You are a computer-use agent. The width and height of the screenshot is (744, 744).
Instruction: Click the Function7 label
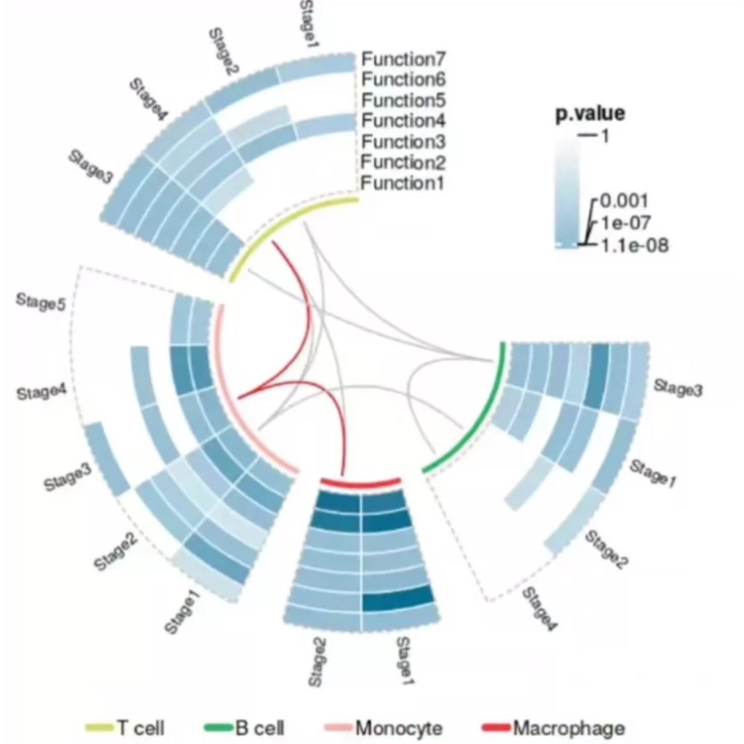tap(404, 59)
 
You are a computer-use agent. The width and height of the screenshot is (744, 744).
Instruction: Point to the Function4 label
tap(404, 121)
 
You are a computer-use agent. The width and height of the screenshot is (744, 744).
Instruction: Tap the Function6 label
tap(404, 79)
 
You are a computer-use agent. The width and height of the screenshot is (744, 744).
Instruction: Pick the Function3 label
tap(404, 141)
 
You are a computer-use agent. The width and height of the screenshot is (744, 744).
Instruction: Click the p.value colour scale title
tap(589, 113)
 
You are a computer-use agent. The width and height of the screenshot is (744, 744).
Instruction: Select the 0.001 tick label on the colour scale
tap(624, 201)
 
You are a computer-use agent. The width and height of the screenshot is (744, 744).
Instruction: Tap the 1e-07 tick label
tap(624, 222)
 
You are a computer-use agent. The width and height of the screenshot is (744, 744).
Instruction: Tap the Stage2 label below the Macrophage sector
tap(318, 662)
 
